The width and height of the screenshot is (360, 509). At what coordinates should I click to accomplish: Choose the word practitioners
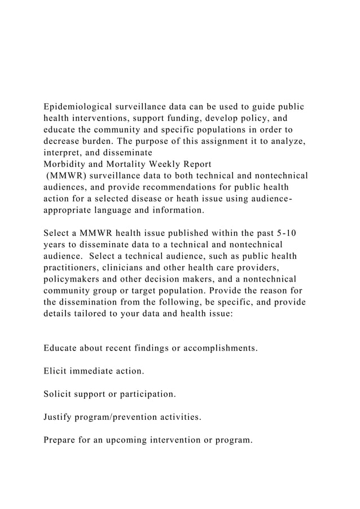pyautogui.click(x=73, y=267)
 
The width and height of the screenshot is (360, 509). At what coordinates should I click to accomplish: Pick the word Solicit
pyautogui.click(x=58, y=394)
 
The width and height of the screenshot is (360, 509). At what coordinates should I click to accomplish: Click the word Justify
pyautogui.click(x=58, y=418)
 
